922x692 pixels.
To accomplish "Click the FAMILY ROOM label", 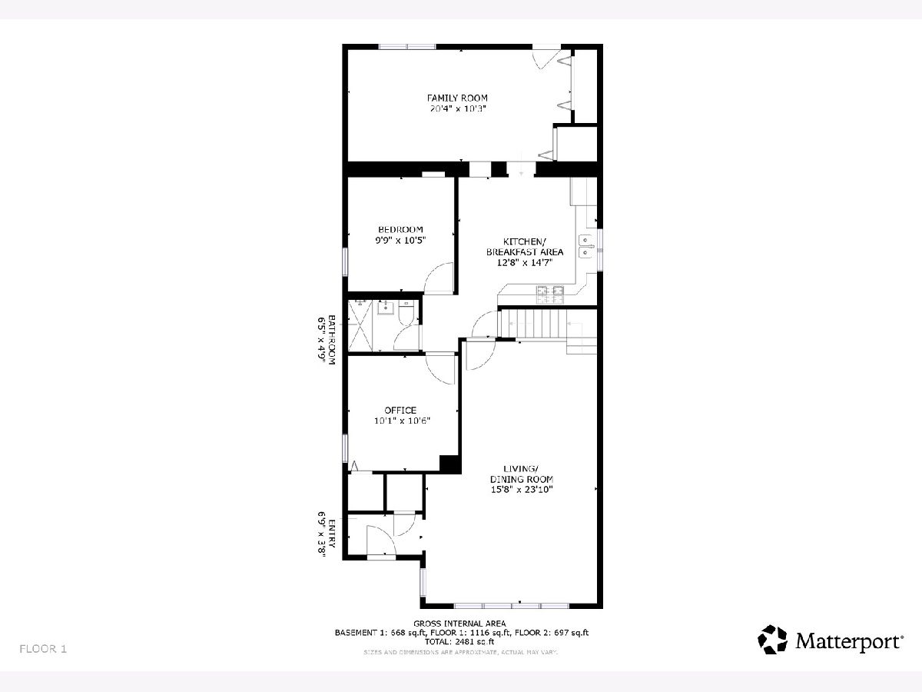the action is [457, 98].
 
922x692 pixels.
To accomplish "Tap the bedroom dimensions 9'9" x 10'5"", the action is [400, 241].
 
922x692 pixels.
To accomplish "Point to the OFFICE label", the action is [400, 410].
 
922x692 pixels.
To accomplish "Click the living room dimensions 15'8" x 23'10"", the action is [522, 490].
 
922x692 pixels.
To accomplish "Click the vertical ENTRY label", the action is [331, 534].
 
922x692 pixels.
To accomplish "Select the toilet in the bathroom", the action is [406, 313].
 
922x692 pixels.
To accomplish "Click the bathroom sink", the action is [386, 308].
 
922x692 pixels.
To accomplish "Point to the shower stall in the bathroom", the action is [360, 325].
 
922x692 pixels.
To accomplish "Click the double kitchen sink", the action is [585, 246].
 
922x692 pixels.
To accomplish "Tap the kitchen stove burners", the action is [550, 294].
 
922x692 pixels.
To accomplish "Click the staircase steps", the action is [547, 323].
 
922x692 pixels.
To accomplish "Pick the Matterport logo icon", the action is [772, 640].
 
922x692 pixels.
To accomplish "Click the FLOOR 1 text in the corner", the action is [43, 649].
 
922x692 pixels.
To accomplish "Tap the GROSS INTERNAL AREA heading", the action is [459, 624].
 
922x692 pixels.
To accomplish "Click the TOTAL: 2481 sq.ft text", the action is [459, 641].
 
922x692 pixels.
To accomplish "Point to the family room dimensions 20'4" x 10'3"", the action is [457, 109].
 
